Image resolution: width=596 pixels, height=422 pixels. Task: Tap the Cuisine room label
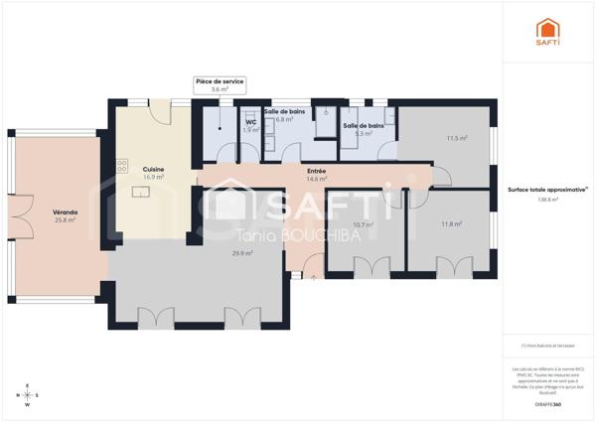[x=153, y=169]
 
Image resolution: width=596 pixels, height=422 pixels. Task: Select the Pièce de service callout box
[x=220, y=84]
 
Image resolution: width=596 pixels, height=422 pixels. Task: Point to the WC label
[x=251, y=123]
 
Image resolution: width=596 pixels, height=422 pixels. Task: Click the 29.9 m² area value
[x=241, y=253]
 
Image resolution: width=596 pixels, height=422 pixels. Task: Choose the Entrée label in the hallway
[x=317, y=171]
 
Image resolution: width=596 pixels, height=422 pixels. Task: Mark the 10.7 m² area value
[x=364, y=224]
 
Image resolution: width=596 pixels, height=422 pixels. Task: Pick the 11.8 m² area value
[x=452, y=224]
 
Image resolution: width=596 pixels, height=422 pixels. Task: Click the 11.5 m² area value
[x=457, y=139]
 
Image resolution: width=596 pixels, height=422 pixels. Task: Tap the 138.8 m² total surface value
[x=547, y=200]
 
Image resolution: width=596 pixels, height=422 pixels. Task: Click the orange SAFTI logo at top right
[x=547, y=32]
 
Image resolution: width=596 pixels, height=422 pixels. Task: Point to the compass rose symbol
[x=27, y=395]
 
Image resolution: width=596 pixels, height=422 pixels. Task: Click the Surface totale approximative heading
[x=547, y=189]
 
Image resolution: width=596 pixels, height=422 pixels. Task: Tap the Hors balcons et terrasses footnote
[x=547, y=347]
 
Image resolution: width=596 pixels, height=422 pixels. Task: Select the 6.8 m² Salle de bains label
[x=284, y=115]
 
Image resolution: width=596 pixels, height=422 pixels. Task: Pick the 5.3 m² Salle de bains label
[x=364, y=129]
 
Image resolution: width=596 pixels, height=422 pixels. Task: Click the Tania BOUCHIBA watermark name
[x=289, y=233]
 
